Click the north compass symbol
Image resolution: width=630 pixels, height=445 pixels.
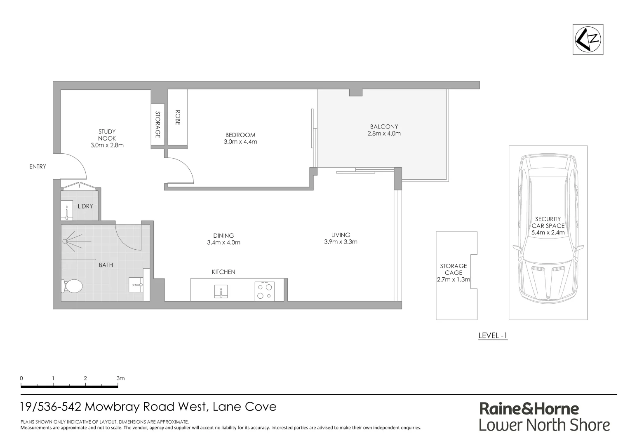click(x=588, y=39)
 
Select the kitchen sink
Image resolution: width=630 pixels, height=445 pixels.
click(x=221, y=291)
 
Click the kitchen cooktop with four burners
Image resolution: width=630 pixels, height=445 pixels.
click(x=264, y=291)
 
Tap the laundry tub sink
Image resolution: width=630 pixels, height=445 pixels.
click(x=67, y=210)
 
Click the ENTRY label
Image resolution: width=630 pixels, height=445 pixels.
click(x=38, y=166)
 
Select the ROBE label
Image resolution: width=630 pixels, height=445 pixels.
click(x=178, y=117)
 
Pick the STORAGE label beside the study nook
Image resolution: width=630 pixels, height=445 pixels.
click(x=157, y=124)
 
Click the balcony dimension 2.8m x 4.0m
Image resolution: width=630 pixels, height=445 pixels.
click(x=384, y=133)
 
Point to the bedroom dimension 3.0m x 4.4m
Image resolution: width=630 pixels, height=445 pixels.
click(x=240, y=142)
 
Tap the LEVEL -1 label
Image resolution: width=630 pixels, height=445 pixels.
click(x=493, y=335)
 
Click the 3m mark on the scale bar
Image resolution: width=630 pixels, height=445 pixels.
click(x=120, y=378)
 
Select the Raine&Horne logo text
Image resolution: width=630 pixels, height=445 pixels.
click(x=529, y=409)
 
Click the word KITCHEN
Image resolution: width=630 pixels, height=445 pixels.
click(x=223, y=272)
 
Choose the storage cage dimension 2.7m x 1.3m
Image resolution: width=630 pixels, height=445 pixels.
click(x=454, y=279)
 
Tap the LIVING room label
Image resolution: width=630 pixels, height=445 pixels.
click(x=341, y=235)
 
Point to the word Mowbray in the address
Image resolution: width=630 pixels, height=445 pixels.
click(x=112, y=407)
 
